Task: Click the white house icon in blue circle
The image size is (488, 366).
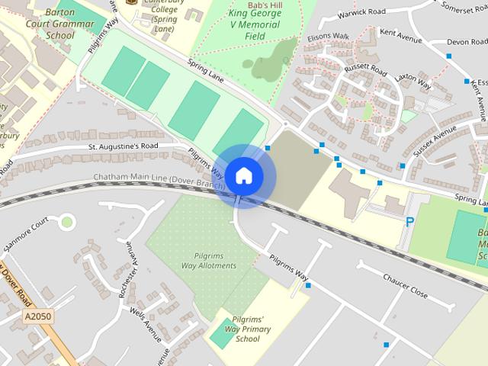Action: [x=243, y=175]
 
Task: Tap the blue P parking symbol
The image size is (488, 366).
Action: [x=409, y=222]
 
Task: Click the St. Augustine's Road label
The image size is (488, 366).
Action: [x=123, y=145]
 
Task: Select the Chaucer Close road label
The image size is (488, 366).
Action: [x=406, y=287]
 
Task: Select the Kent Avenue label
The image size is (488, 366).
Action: [x=400, y=36]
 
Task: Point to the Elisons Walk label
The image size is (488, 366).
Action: [x=328, y=36]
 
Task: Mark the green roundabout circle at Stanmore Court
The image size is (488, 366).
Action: [x=68, y=223]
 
